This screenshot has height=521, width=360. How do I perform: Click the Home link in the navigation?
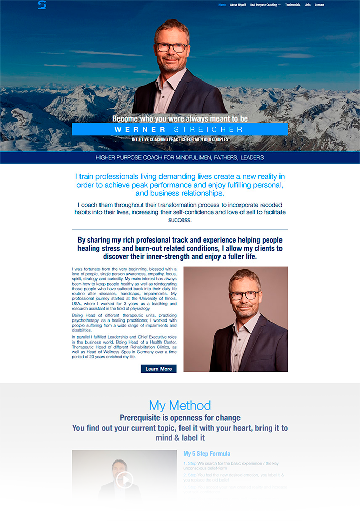click(x=222, y=5)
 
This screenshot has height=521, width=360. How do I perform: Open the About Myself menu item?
click(x=238, y=5)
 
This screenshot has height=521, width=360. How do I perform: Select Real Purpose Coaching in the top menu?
click(x=264, y=5)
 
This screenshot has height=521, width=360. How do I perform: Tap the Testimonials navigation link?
click(x=293, y=5)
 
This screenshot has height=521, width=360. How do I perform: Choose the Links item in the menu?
click(x=307, y=5)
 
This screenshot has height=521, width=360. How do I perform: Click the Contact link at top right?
click(x=319, y=5)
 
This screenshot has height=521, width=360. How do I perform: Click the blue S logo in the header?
click(x=42, y=5)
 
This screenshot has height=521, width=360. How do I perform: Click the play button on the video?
click(x=125, y=480)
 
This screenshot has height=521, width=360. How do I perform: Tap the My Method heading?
click(x=179, y=406)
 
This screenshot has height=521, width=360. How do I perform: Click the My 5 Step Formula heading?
click(x=207, y=454)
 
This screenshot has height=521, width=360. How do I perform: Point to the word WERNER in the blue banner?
click(x=140, y=129)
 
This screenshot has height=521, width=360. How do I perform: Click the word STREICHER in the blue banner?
click(x=208, y=129)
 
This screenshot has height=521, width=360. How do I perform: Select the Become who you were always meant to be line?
click(x=179, y=118)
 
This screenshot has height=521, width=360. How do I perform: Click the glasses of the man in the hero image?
click(x=171, y=47)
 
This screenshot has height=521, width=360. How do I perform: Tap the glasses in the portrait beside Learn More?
click(x=244, y=295)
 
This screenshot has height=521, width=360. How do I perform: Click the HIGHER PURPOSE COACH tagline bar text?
click(x=179, y=157)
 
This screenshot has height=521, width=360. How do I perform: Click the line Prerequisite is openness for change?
click(x=179, y=418)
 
